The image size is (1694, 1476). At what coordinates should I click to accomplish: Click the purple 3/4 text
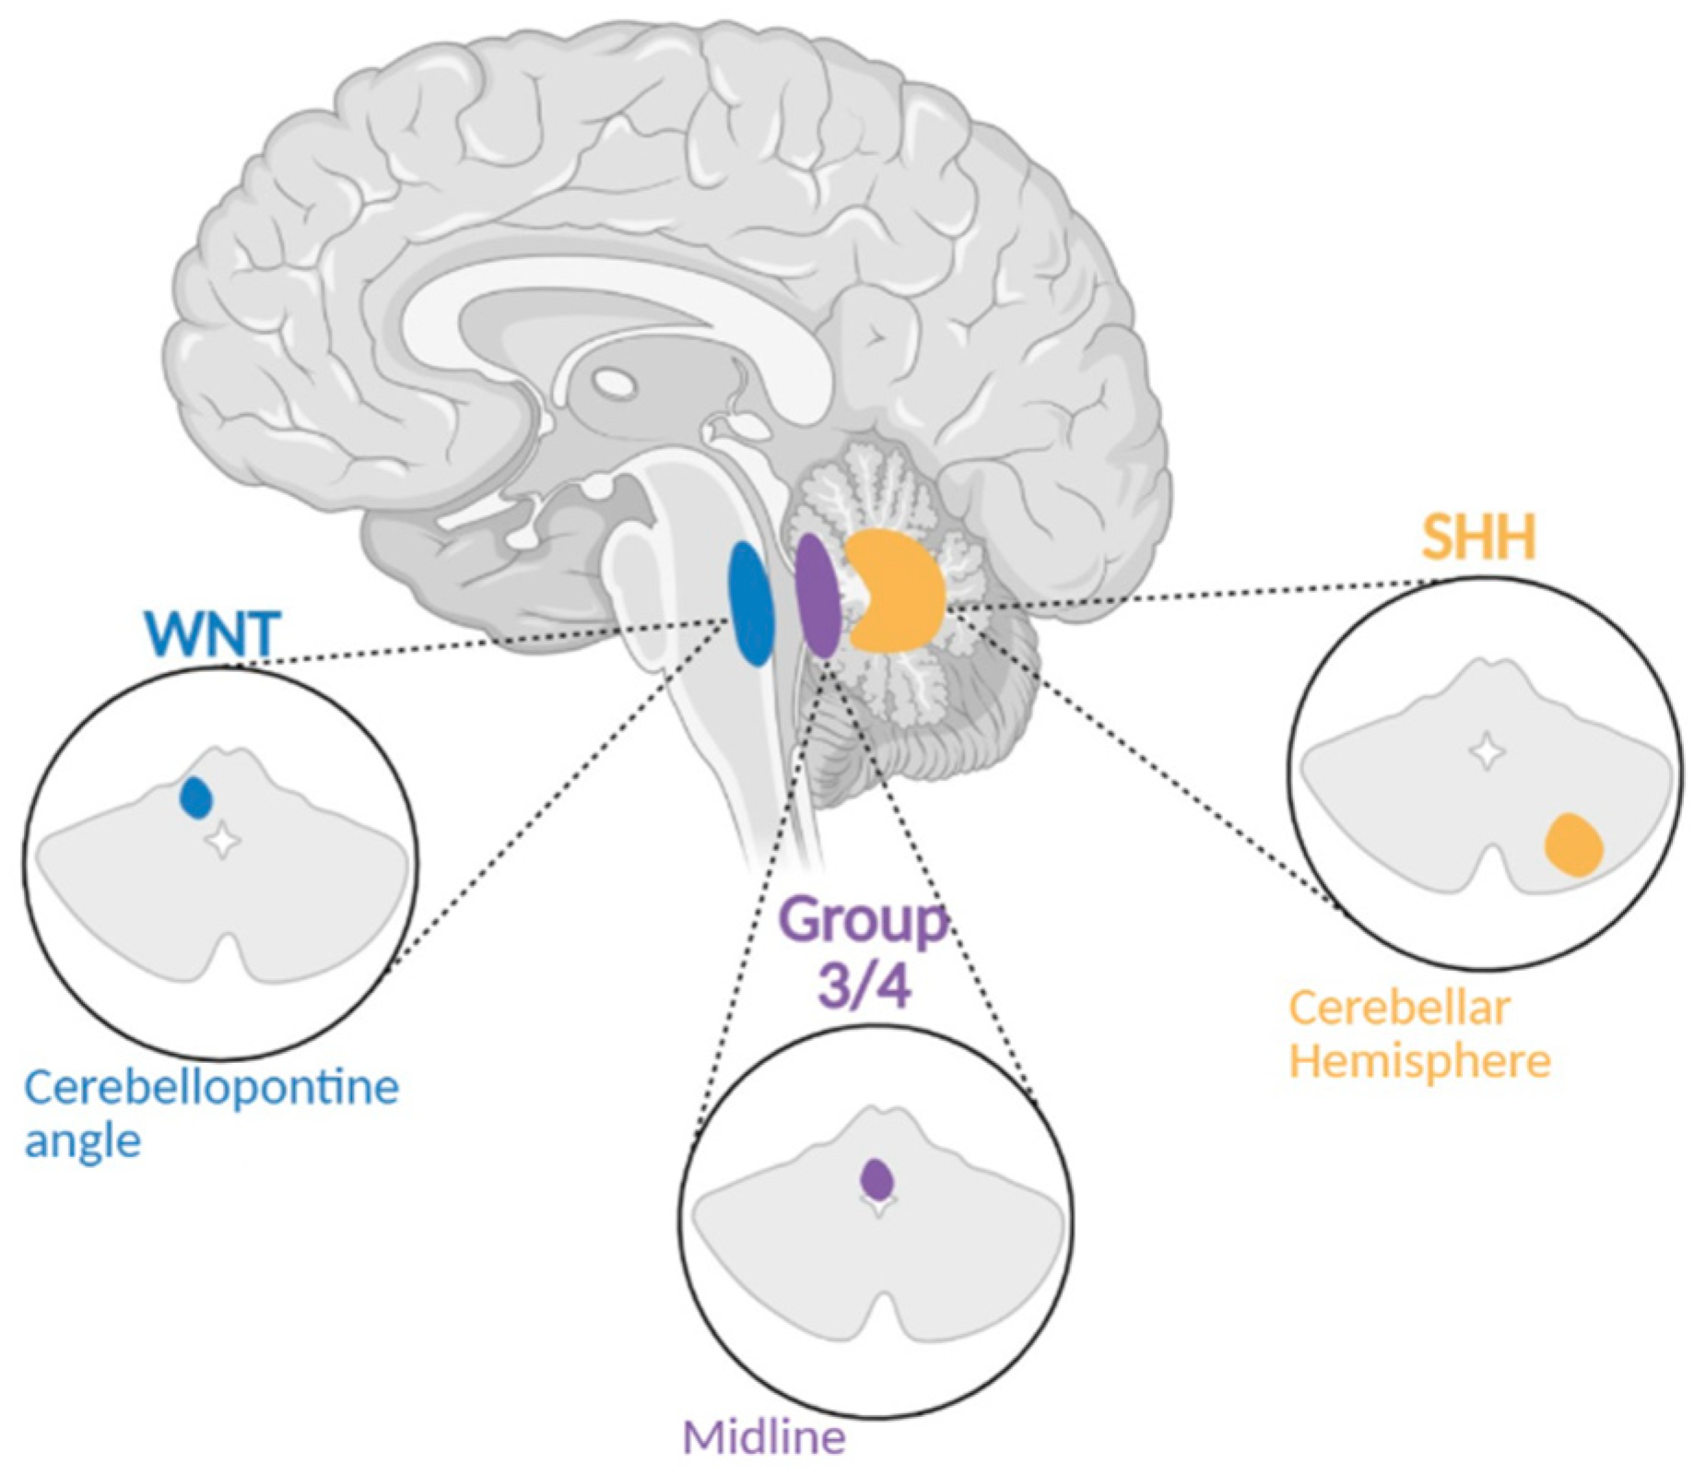[864, 986]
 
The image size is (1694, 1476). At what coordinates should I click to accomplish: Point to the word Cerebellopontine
[212, 1089]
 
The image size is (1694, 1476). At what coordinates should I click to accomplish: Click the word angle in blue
[82, 1142]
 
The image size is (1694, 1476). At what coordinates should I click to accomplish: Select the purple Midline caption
[764, 1436]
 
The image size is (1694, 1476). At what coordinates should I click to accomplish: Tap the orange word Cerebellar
[1399, 1009]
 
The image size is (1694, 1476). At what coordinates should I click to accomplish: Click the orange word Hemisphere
[1419, 1060]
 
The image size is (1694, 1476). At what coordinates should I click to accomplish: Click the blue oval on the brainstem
[750, 604]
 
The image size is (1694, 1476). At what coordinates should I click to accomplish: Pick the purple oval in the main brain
[817, 596]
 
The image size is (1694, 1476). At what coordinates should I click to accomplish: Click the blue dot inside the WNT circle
[196, 798]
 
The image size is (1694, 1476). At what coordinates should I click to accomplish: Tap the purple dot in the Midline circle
[876, 1178]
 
